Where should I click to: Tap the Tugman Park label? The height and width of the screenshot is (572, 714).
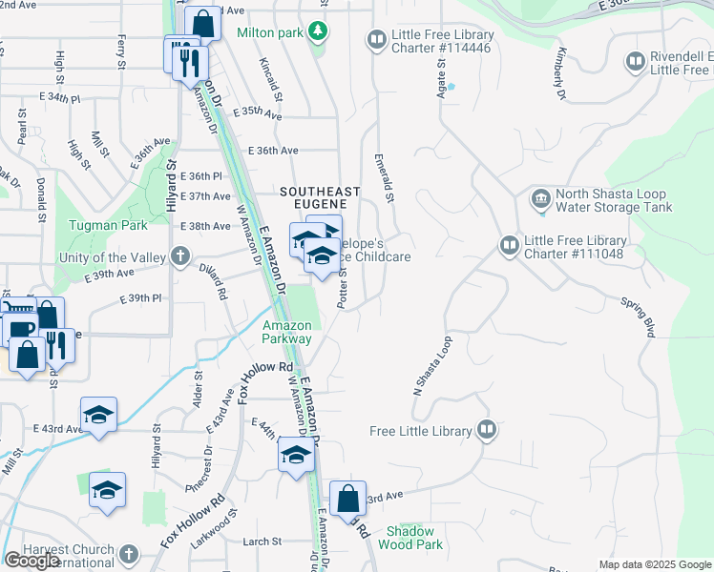coord(108,226)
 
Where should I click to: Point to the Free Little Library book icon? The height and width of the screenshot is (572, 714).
coord(487,430)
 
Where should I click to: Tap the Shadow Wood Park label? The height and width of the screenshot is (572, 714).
coord(410,538)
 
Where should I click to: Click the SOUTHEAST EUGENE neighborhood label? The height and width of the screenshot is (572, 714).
coord(320,192)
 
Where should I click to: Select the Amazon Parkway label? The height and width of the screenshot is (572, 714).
coord(287,332)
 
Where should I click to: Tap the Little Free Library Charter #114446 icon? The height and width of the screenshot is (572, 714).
coord(376,39)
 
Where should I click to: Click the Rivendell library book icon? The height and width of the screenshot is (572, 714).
coord(635,62)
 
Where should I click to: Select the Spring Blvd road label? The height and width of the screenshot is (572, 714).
coord(638,317)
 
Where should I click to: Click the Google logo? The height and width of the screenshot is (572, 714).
coord(31,561)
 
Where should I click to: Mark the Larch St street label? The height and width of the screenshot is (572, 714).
coord(262,541)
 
